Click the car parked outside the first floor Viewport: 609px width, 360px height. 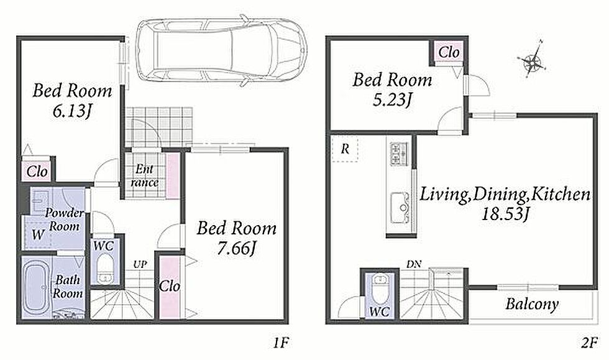(221, 50)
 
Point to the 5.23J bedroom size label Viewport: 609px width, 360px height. (392, 100)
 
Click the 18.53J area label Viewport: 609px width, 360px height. (505, 213)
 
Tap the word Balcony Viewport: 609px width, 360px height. (532, 304)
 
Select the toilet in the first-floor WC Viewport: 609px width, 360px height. (104, 269)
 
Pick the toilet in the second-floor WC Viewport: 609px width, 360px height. (379, 288)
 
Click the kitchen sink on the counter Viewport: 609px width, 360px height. (400, 208)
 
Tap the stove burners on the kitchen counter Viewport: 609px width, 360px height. (399, 154)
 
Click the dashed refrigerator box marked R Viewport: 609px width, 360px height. (345, 149)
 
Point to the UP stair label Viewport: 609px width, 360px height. (140, 265)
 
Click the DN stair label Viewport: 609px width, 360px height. (414, 264)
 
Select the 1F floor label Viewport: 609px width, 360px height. (280, 343)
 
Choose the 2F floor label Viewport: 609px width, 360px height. (589, 343)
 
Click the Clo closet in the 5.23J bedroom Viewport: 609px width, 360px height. (449, 52)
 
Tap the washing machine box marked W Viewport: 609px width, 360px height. (38, 234)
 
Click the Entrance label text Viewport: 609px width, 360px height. (144, 176)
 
